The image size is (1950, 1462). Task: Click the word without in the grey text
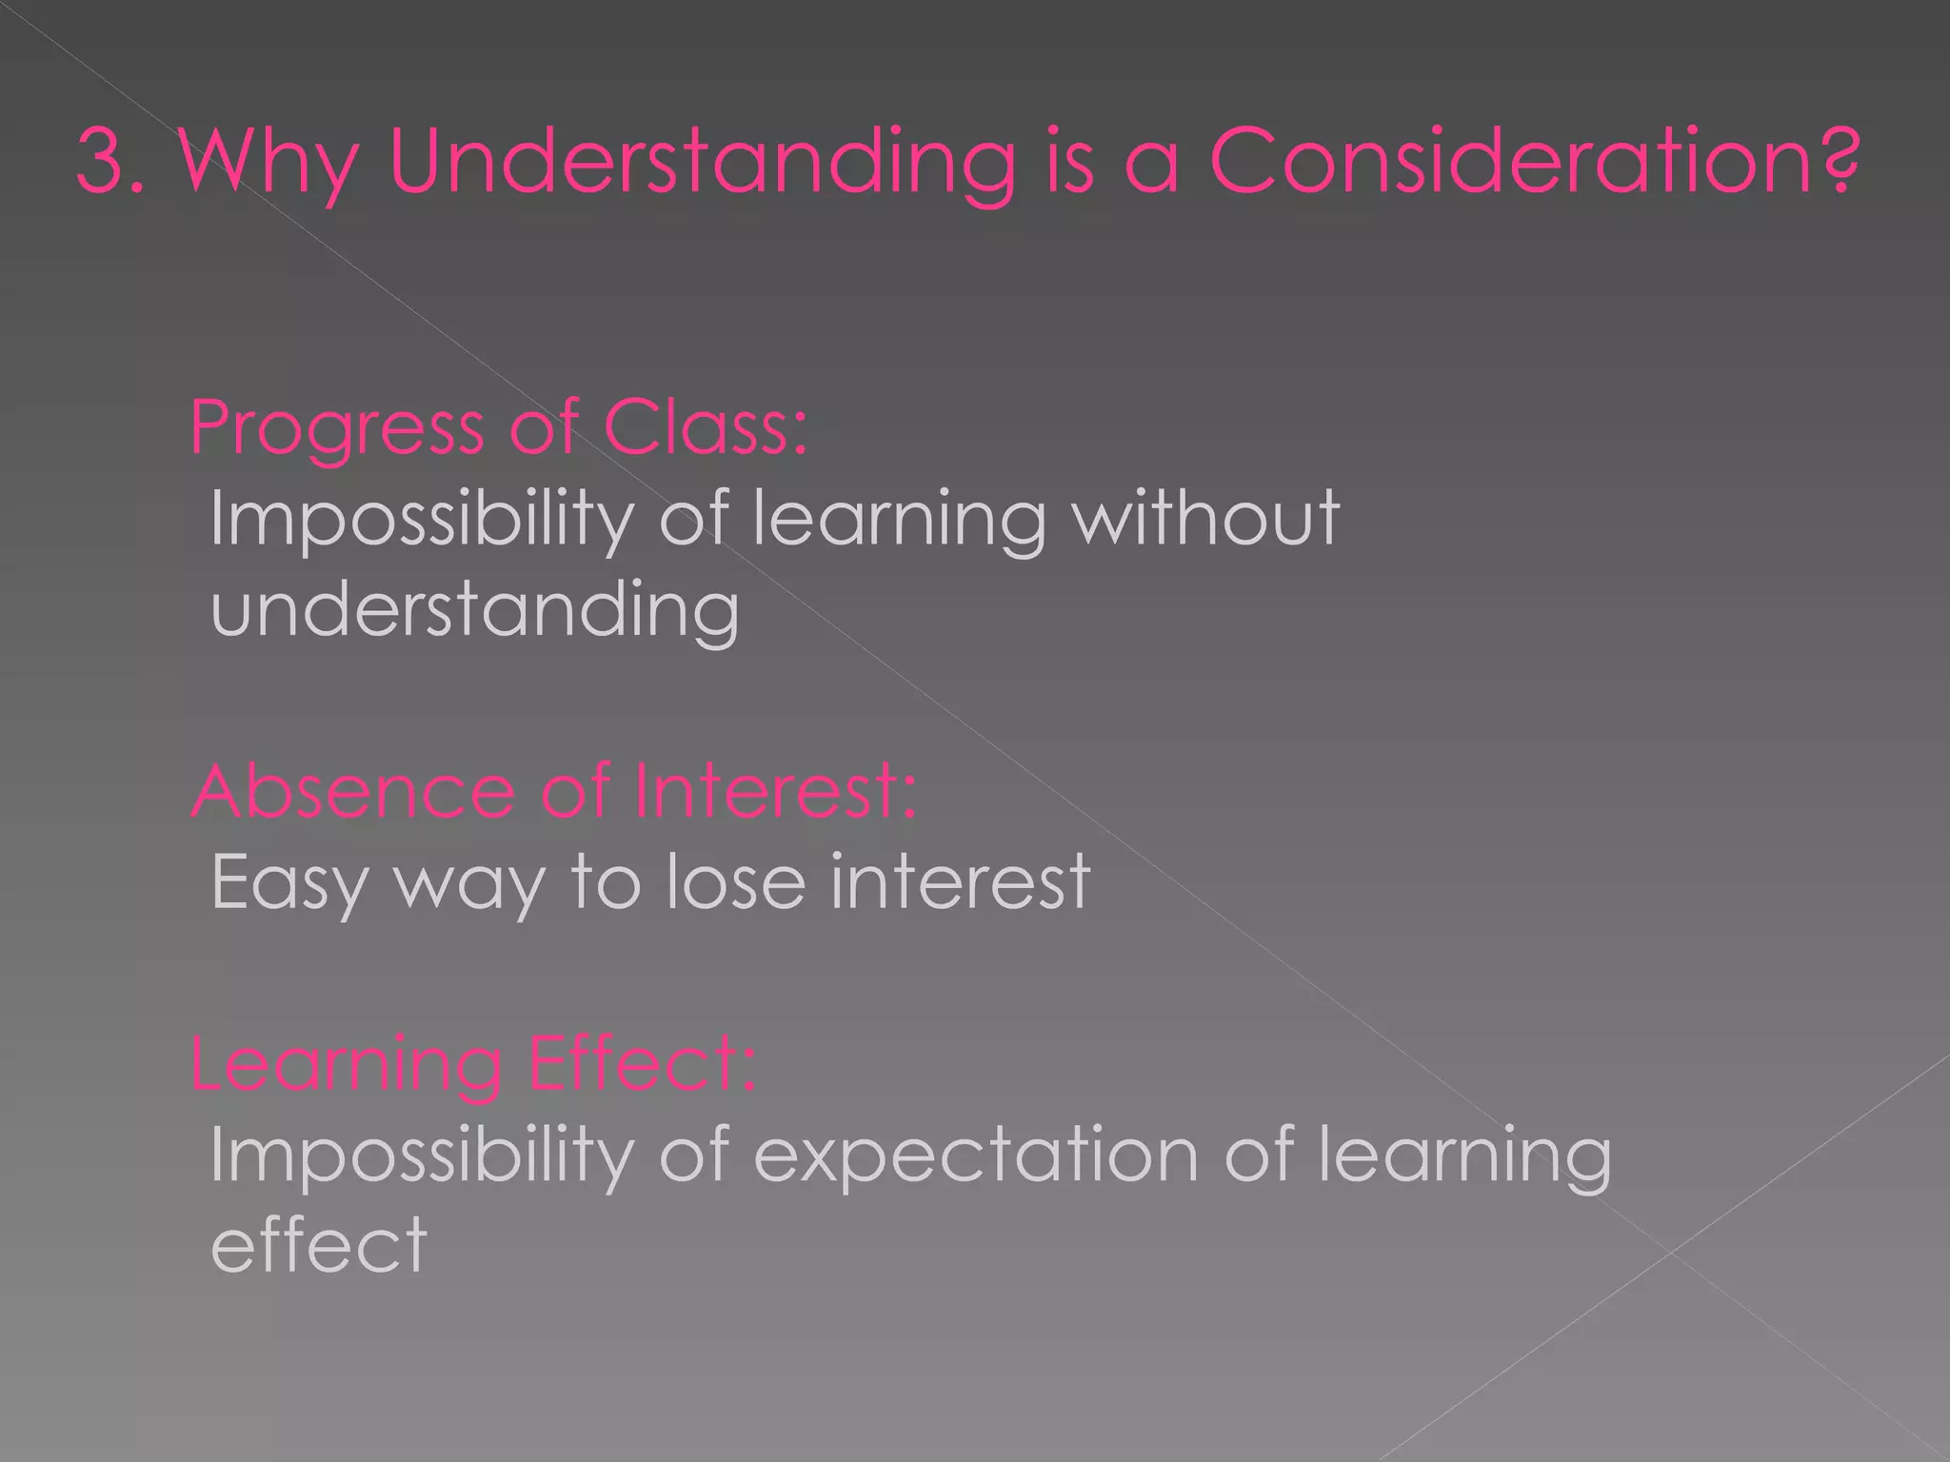coord(1206,518)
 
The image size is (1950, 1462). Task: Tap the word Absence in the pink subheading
coord(352,791)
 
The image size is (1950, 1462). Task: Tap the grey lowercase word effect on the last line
coord(318,1244)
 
